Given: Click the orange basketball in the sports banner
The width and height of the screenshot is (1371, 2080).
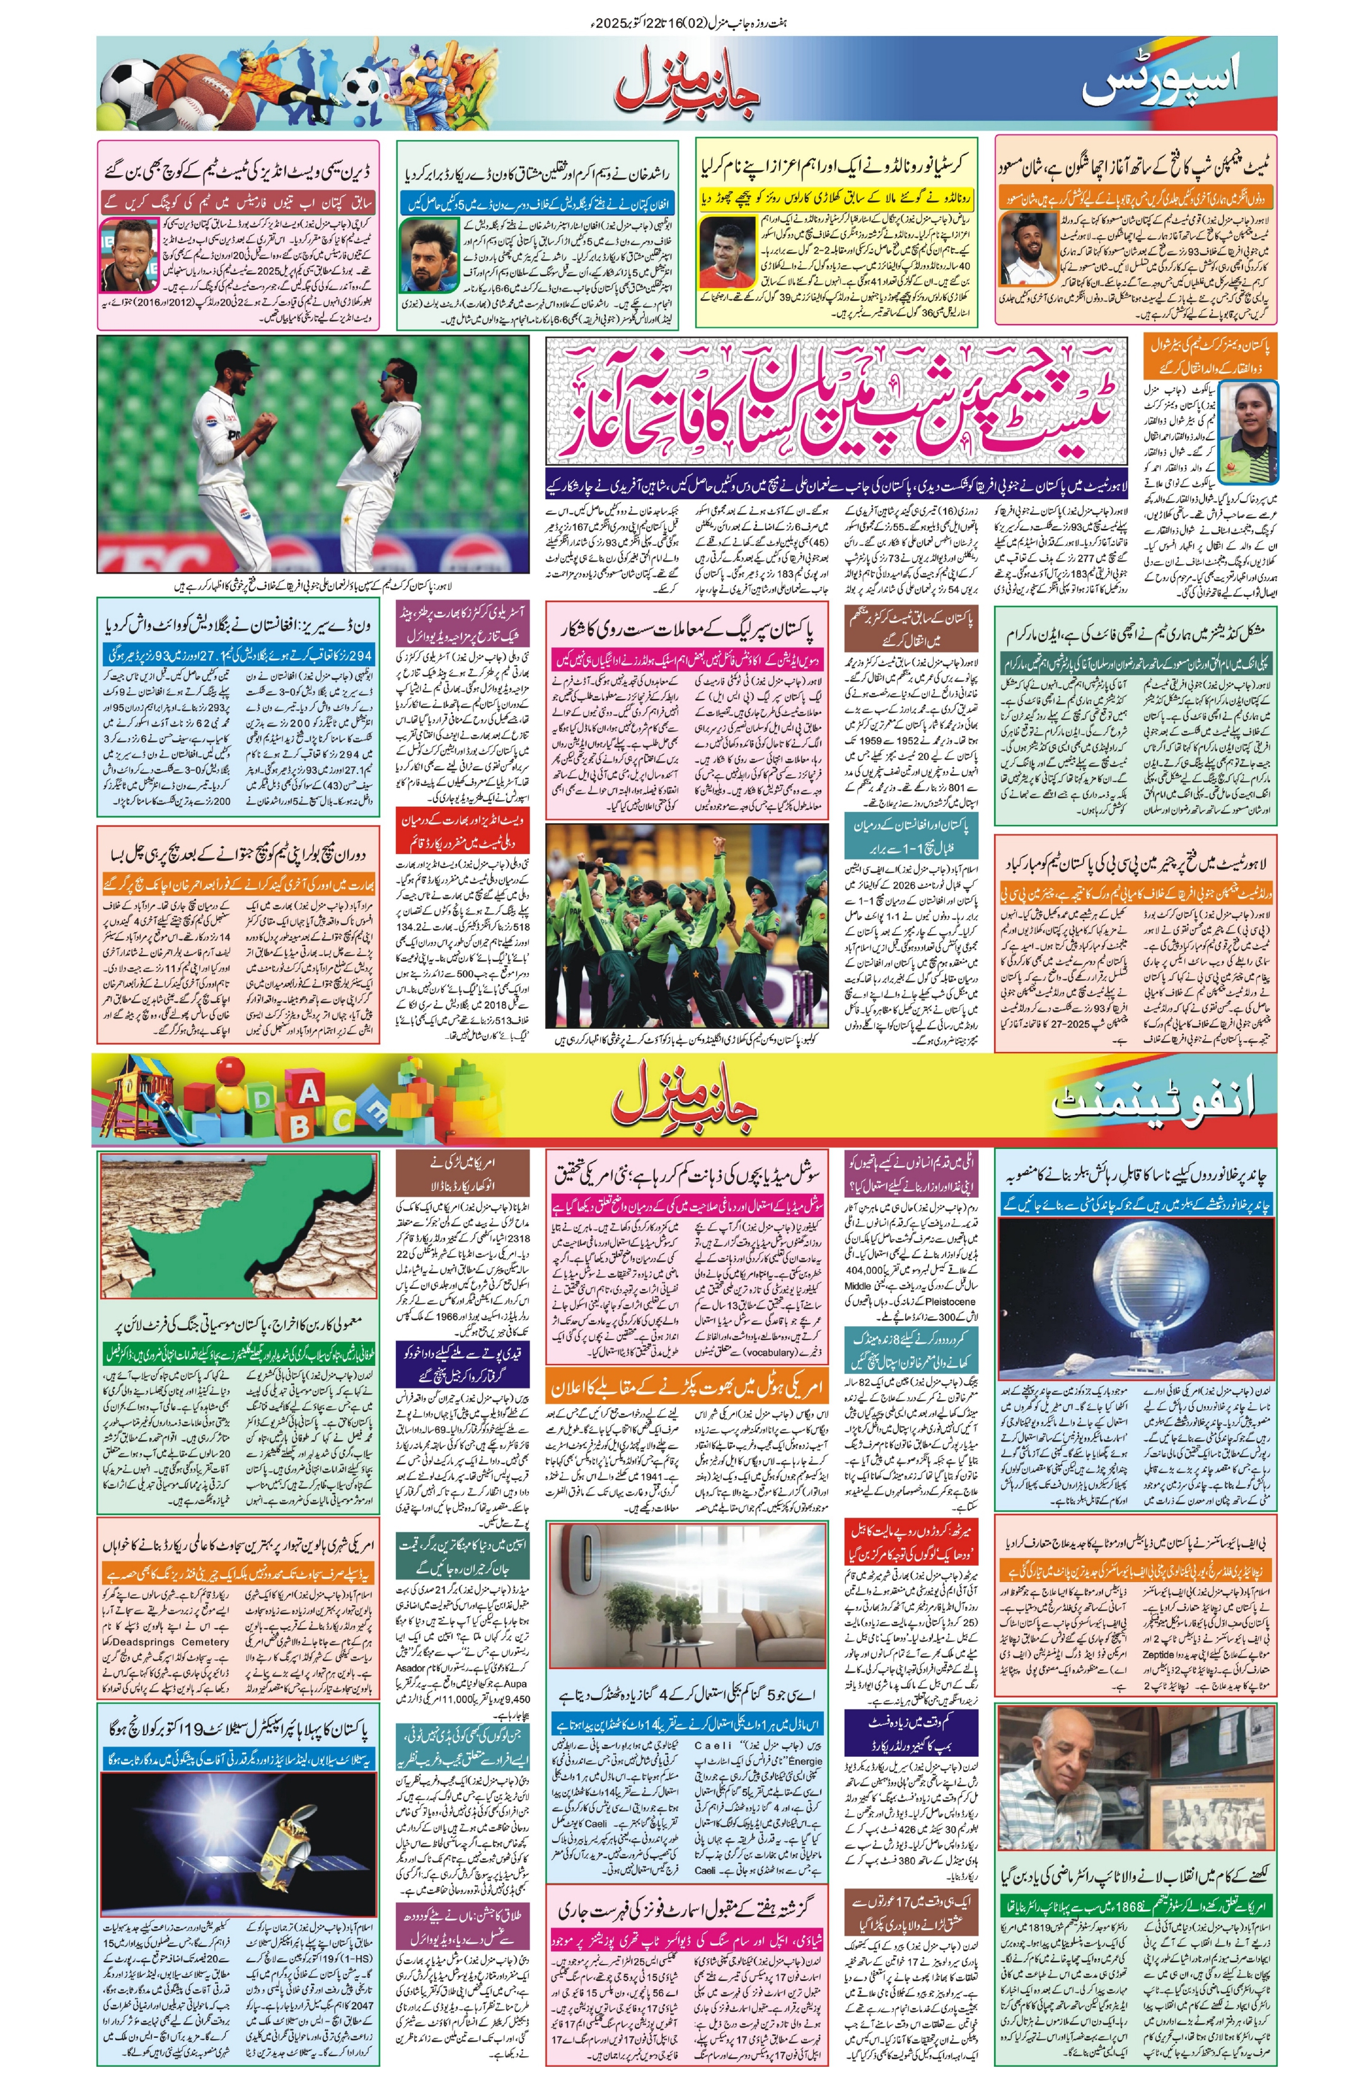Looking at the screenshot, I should click(x=178, y=79).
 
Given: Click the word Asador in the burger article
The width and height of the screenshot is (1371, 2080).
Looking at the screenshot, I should click(x=414, y=1667).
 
